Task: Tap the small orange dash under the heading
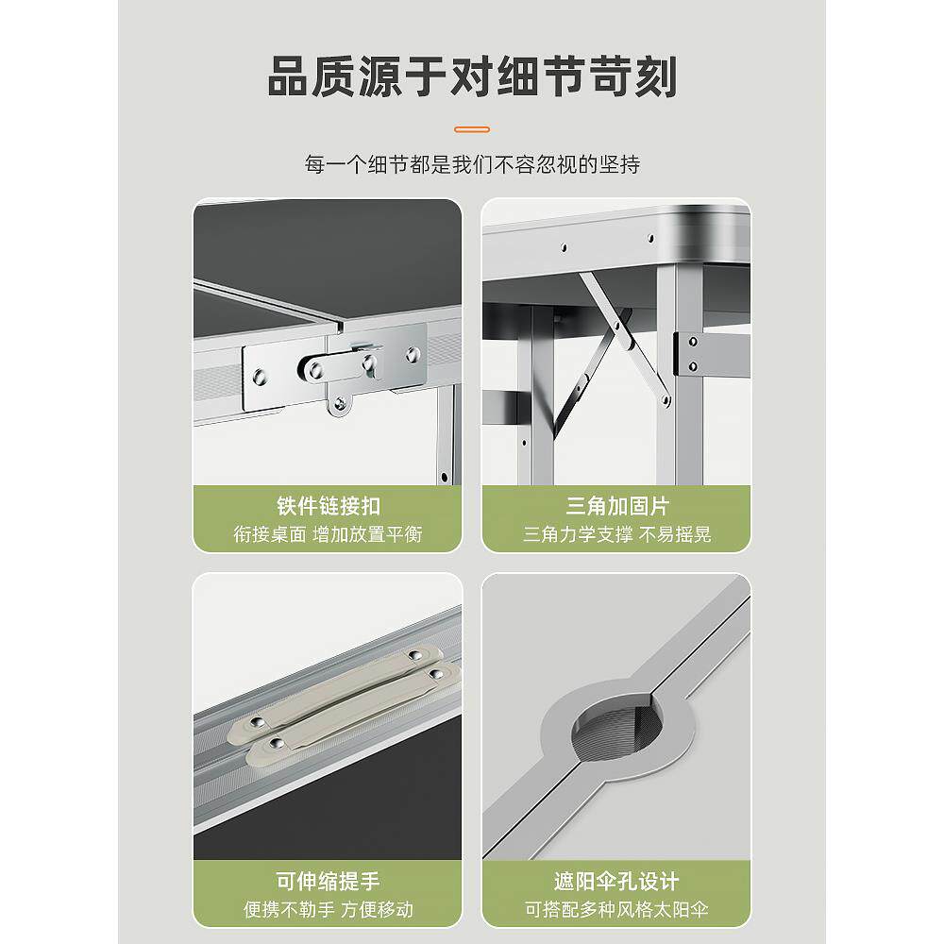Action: [x=472, y=128]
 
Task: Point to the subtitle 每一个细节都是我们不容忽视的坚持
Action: [x=472, y=164]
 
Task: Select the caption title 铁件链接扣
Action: [x=328, y=506]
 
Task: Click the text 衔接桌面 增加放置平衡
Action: [x=328, y=534]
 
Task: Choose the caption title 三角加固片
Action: [x=617, y=506]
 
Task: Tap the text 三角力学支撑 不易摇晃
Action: [x=617, y=534]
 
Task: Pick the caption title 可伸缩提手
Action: [x=328, y=882]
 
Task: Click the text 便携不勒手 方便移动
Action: [x=328, y=910]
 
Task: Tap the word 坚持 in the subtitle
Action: [x=622, y=164]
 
